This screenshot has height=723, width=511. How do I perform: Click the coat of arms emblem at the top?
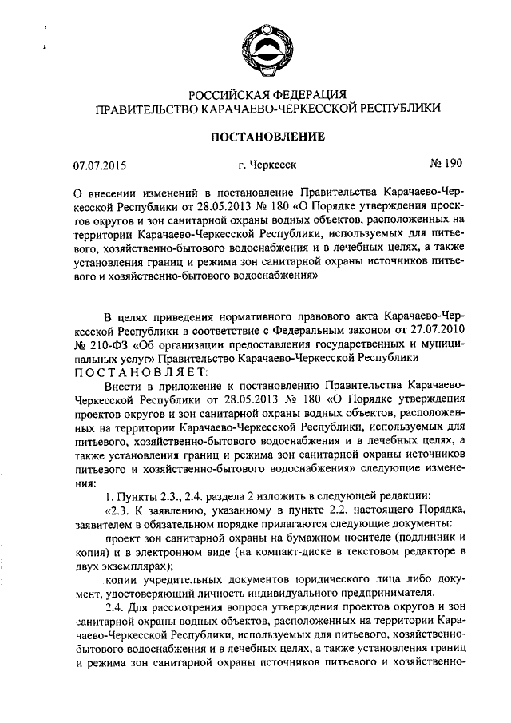click(x=267, y=49)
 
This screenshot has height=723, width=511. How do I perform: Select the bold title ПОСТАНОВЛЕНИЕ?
click(x=267, y=137)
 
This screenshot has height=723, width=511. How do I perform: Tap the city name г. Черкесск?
click(x=267, y=167)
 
